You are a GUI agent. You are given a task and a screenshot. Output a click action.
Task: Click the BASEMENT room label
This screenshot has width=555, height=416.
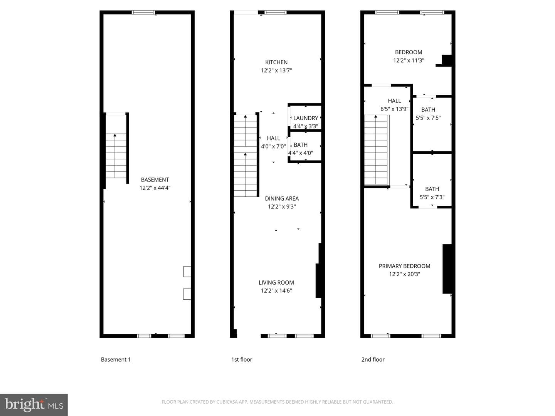tap(155, 179)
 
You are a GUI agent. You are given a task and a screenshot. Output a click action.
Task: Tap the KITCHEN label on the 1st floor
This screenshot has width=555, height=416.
tap(276, 62)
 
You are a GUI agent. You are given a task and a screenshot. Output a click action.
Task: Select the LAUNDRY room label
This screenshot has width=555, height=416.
tap(305, 118)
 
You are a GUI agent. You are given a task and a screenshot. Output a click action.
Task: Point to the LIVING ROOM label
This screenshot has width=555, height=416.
tap(276, 282)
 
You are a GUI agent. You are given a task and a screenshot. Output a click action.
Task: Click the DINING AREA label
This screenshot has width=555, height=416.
tap(282, 198)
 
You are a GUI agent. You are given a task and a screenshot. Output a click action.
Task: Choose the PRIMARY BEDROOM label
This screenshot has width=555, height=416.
tap(404, 266)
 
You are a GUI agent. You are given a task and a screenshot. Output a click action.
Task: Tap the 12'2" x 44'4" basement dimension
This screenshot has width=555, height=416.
tap(155, 188)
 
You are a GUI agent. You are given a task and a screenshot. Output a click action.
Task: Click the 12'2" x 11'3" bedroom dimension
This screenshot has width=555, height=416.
tap(408, 60)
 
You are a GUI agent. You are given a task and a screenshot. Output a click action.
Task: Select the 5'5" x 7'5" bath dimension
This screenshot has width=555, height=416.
tap(428, 118)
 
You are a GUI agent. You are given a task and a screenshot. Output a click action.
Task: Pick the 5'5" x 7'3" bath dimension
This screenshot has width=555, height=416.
tap(432, 197)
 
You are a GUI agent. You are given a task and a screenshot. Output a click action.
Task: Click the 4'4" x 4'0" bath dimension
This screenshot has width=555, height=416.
tap(300, 153)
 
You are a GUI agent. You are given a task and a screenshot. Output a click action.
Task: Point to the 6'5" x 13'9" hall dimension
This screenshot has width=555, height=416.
tap(394, 109)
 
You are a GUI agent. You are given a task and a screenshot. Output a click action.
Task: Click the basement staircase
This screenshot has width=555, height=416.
tap(116, 156)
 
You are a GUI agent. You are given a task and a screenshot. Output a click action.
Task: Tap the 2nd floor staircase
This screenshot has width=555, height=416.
tap(376, 150)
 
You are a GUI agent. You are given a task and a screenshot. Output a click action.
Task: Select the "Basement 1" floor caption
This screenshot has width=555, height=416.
tap(116, 359)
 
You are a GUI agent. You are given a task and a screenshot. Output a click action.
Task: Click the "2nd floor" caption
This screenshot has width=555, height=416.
tap(373, 359)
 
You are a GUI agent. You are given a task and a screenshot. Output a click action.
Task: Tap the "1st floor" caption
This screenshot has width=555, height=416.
tap(242, 359)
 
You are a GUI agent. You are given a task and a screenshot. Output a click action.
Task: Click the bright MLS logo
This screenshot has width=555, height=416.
tap(34, 404)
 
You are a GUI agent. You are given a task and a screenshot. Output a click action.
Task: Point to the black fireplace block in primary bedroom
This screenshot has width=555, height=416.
tap(447, 269)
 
